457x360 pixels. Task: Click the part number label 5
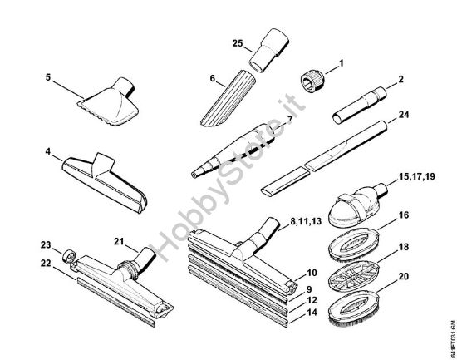48,77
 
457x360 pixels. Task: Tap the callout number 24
405,116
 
